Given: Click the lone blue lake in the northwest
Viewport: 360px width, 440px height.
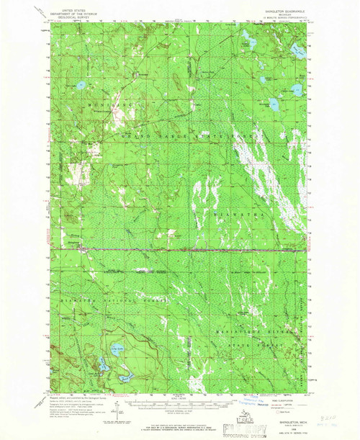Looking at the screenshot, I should (81, 88).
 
